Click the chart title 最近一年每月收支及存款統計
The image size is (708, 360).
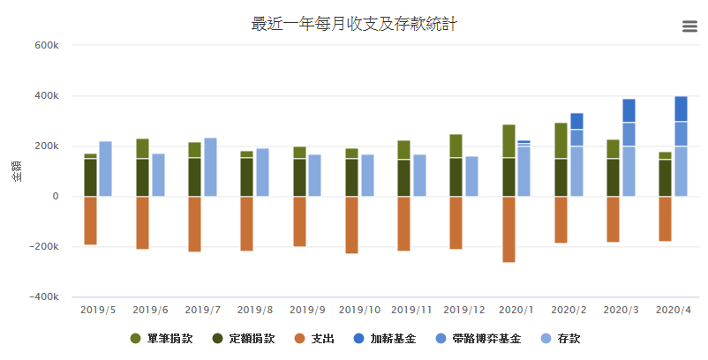pyautogui.click(x=354, y=24)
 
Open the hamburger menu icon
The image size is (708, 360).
pyautogui.click(x=690, y=26)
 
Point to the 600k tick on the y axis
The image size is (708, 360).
pyautogui.click(x=46, y=45)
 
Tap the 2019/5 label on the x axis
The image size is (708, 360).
pyautogui.click(x=97, y=310)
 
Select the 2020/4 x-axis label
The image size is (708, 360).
pyautogui.click(x=673, y=310)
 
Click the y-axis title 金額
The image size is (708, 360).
pyautogui.click(x=17, y=171)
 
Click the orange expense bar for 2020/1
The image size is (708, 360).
pyautogui.click(x=508, y=229)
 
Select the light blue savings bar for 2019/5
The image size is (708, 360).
pyautogui.click(x=106, y=169)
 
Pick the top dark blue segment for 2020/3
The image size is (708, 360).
pyautogui.click(x=629, y=110)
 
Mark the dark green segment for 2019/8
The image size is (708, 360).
pyautogui.click(x=246, y=176)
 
